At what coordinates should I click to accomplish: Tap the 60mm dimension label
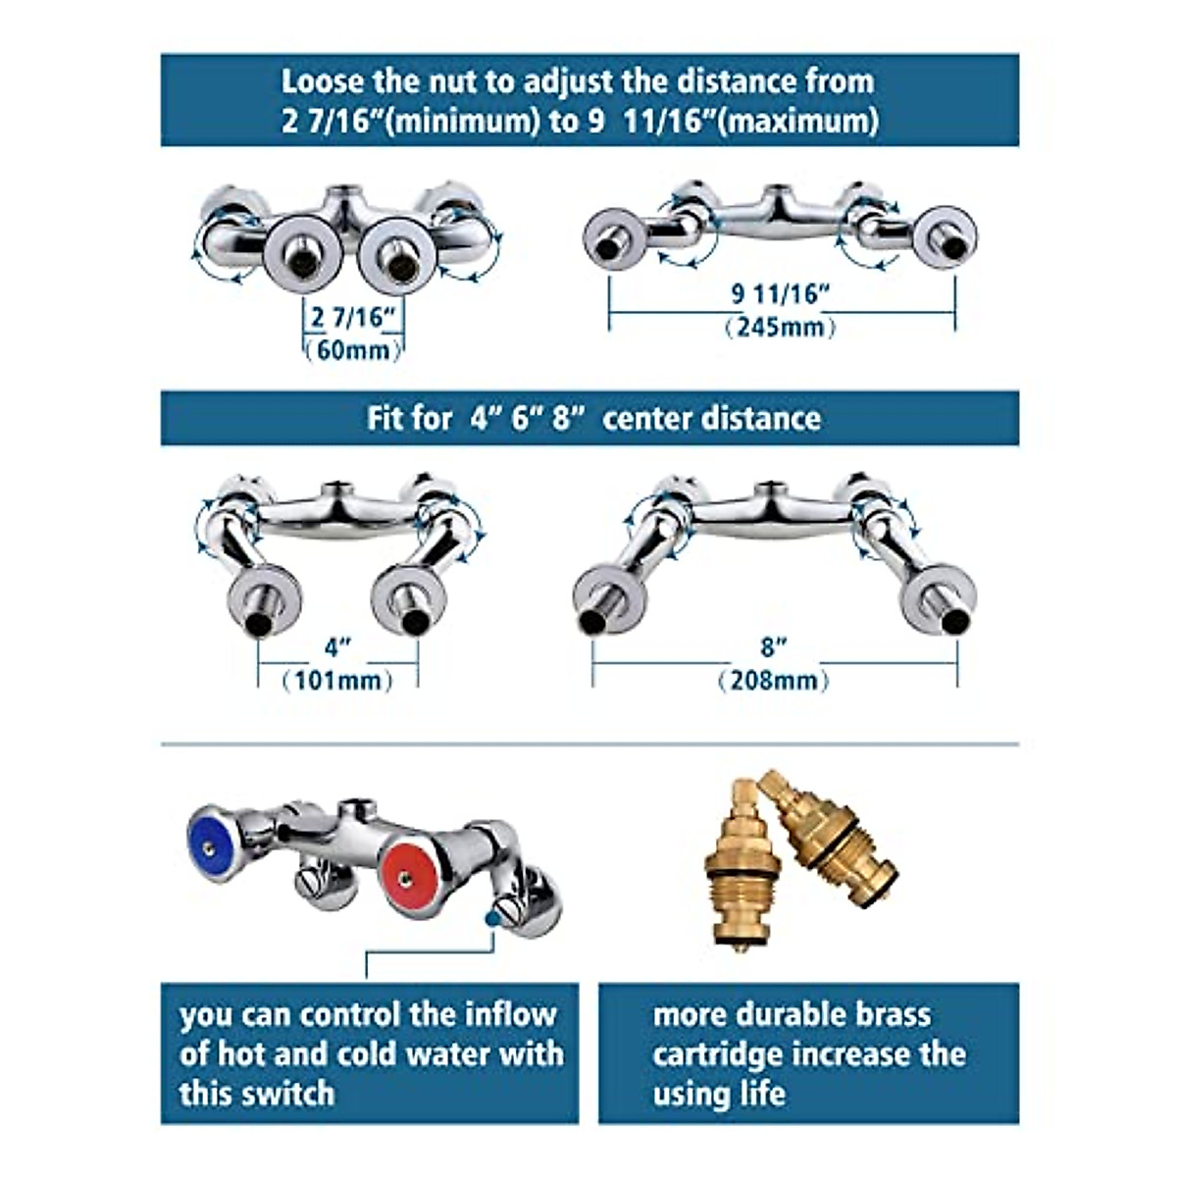coord(352,349)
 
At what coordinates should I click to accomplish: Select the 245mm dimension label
coord(780,327)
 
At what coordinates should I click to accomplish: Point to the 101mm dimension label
coord(336,680)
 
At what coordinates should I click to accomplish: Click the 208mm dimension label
coord(773,680)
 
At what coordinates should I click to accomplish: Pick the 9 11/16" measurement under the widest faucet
coord(781,293)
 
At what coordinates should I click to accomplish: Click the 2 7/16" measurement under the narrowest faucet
coord(352,317)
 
